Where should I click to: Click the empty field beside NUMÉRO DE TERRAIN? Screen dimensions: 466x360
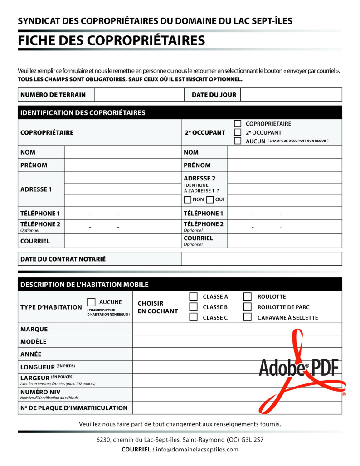(x=139, y=95)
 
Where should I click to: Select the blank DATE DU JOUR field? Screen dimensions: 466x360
(x=291, y=95)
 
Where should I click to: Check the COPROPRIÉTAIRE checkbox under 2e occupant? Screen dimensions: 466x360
(x=238, y=124)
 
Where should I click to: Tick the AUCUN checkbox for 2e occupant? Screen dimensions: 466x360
(x=238, y=141)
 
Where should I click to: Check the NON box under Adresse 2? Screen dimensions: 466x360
(x=188, y=200)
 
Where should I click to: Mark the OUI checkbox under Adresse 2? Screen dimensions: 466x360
(x=210, y=200)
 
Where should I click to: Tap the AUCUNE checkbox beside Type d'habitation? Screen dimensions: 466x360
(x=91, y=302)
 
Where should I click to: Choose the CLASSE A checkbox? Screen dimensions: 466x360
(x=194, y=297)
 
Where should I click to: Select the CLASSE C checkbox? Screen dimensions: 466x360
(x=194, y=317)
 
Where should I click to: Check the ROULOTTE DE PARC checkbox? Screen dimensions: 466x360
(x=248, y=307)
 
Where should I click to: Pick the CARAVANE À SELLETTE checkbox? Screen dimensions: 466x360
(x=248, y=317)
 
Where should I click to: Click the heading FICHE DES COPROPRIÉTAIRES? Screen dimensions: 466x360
(x=112, y=40)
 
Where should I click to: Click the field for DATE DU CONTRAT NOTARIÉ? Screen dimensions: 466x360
(x=262, y=259)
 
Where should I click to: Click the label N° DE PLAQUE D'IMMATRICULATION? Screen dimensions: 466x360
(x=74, y=408)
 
